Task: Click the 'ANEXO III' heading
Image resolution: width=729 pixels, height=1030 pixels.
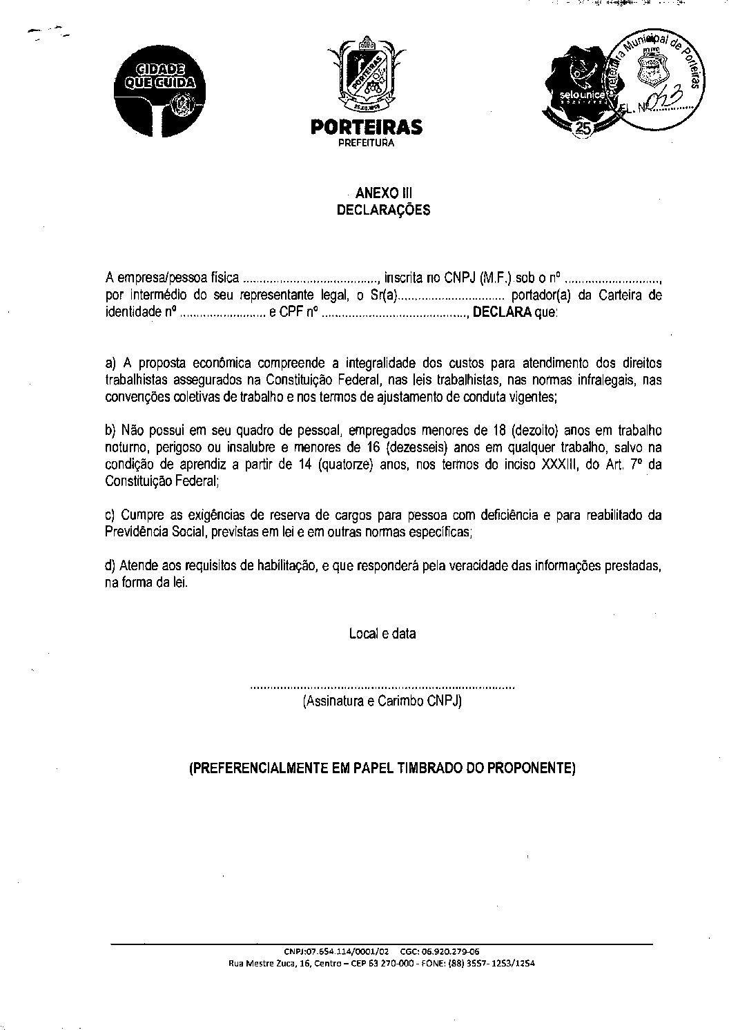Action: (x=383, y=193)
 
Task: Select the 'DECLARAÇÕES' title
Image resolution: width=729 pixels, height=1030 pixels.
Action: (x=383, y=210)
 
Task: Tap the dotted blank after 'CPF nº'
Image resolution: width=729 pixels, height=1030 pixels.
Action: (x=395, y=313)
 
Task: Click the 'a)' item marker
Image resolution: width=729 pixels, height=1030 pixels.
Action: (x=110, y=362)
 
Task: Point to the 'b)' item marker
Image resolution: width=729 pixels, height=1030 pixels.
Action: (x=110, y=430)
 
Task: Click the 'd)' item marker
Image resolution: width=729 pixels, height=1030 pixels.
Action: (x=110, y=565)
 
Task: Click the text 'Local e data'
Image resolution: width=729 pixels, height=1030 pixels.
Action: (x=382, y=633)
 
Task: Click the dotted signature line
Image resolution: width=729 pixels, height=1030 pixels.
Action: (x=382, y=688)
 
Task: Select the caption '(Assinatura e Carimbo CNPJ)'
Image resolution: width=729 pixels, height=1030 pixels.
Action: (x=382, y=701)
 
